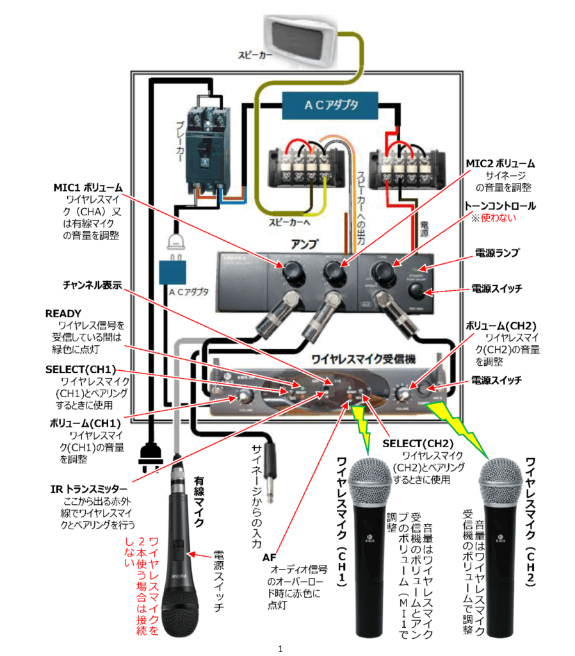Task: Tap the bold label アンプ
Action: click(305, 243)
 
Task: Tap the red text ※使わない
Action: click(493, 218)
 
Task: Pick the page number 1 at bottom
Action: click(280, 649)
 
